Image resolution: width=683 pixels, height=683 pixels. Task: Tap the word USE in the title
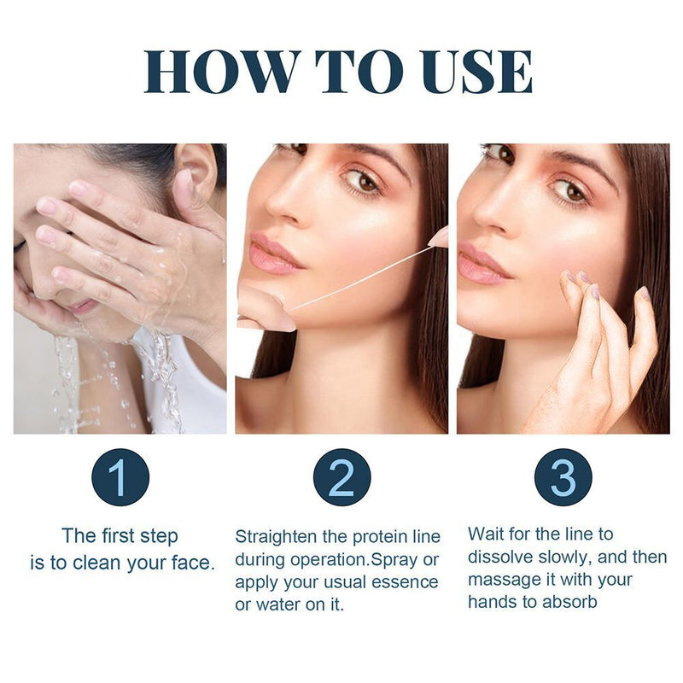click(x=476, y=72)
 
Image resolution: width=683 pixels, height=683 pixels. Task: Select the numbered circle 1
click(x=120, y=477)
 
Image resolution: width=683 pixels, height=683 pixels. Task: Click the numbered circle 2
click(x=342, y=477)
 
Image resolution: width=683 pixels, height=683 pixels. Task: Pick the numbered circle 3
click(x=563, y=477)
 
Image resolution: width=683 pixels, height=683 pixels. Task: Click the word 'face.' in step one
click(x=194, y=563)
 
